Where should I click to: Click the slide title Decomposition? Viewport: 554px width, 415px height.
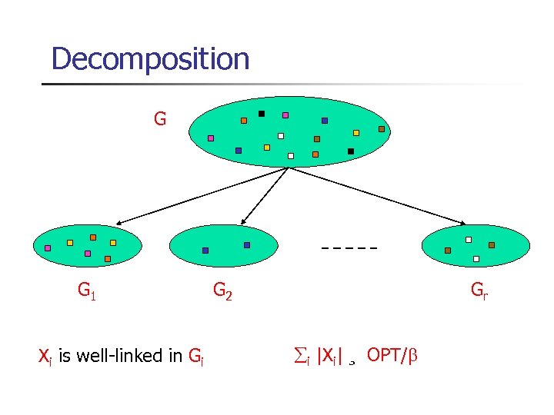(x=150, y=58)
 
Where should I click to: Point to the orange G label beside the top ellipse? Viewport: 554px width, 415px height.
(x=159, y=119)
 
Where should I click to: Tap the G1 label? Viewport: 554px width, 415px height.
(x=86, y=290)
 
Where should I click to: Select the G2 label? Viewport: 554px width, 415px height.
(x=222, y=291)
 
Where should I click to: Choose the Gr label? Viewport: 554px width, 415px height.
(x=479, y=290)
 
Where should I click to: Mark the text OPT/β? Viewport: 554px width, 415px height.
(x=393, y=355)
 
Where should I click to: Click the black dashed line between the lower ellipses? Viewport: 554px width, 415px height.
(x=350, y=248)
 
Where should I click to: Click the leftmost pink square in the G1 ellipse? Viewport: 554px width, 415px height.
(x=48, y=248)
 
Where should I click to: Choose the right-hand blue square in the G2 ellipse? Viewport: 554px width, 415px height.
(x=247, y=245)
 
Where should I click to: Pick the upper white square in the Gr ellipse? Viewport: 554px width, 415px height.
(x=469, y=239)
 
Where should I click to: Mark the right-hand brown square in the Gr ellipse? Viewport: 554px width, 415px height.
(x=492, y=245)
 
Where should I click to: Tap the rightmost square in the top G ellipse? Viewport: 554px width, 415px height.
(x=381, y=129)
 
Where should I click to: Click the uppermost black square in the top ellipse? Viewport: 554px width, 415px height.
(x=262, y=114)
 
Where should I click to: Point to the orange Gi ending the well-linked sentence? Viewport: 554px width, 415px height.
(x=195, y=356)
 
